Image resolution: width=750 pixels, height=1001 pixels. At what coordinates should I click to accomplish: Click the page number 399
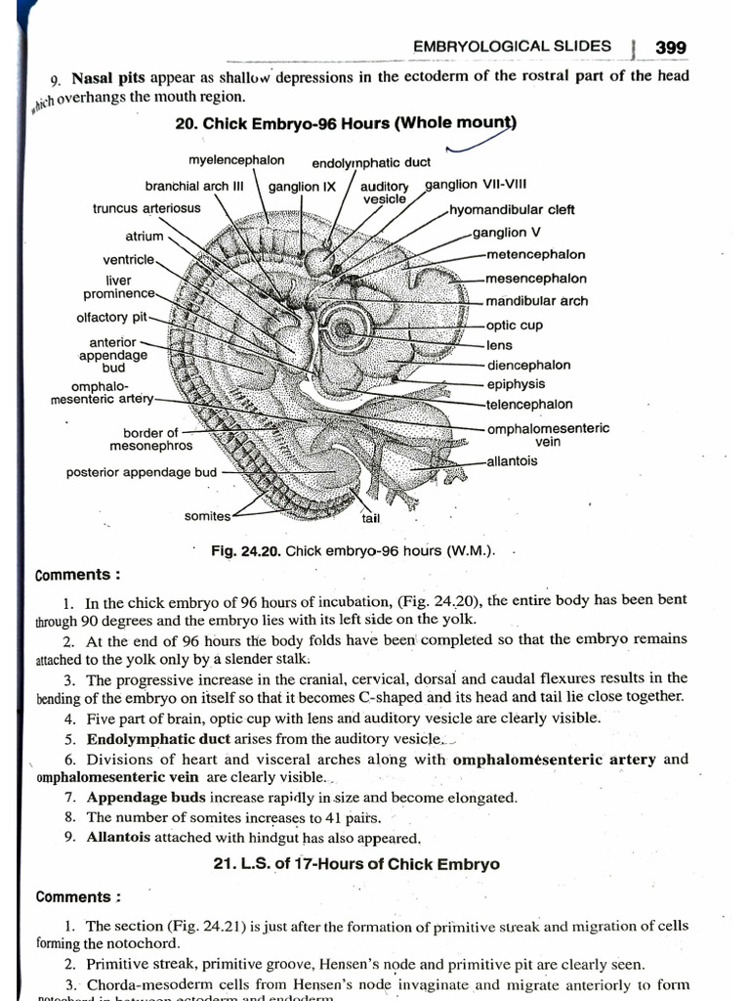tap(671, 46)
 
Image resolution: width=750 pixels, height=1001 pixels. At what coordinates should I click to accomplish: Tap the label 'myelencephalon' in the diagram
tap(236, 159)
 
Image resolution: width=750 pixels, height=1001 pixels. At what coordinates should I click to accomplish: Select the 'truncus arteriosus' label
tap(146, 208)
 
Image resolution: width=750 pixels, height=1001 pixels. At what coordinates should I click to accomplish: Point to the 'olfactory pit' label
tap(111, 317)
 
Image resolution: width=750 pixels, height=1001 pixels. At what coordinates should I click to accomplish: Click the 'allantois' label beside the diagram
tap(512, 461)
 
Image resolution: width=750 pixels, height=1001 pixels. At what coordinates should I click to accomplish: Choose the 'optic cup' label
tap(514, 326)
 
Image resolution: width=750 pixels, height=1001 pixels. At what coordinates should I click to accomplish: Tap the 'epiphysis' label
tap(516, 384)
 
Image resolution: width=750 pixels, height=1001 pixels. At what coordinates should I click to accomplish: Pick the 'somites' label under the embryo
tap(207, 516)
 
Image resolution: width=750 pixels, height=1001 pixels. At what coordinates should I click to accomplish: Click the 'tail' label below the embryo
tap(372, 518)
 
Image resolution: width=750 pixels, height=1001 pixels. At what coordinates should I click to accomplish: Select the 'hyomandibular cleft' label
tap(512, 209)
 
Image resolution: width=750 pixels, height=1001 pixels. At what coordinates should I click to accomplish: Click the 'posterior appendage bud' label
tap(142, 472)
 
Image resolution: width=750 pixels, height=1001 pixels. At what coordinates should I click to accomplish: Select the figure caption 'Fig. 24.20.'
tap(246, 550)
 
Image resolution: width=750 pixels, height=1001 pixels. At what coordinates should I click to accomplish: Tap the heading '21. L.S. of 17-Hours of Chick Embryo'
tap(355, 864)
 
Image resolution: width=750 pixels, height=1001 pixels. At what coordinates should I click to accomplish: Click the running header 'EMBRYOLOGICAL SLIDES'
tap(513, 46)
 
